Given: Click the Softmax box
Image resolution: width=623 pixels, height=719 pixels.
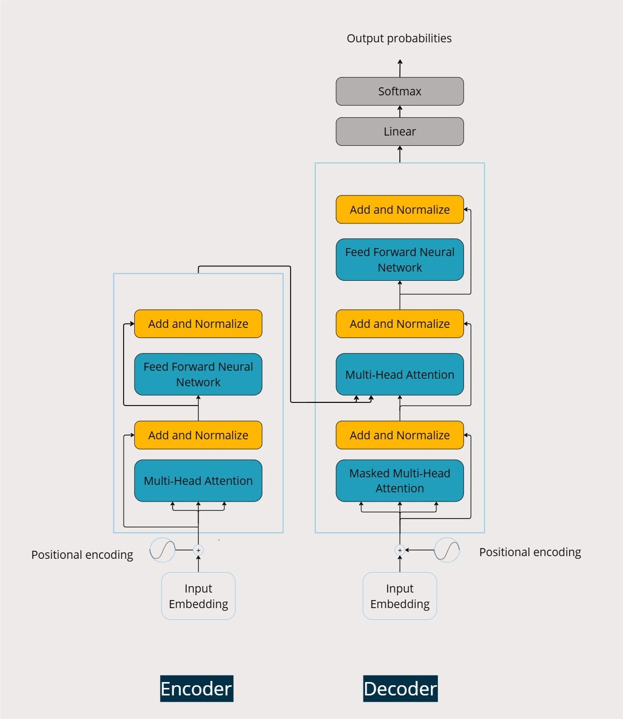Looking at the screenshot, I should pos(400,91).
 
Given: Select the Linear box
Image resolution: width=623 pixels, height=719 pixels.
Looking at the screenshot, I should pos(400,131).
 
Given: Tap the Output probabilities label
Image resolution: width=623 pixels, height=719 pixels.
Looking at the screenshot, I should pos(399,39).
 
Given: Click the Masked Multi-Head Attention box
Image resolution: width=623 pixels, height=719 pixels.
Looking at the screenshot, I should pos(400,481).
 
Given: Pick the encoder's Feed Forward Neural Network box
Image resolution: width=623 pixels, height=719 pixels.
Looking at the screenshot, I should pos(198,374).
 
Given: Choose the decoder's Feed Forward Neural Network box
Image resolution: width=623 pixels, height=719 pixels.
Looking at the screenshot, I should pos(400,259).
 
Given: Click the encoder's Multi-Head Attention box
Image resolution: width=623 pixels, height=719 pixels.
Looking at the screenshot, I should pos(198,481).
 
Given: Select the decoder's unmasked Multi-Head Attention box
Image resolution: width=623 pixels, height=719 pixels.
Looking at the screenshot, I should pos(400,374).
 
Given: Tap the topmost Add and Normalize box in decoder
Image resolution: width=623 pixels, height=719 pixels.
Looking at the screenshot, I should pos(400,209).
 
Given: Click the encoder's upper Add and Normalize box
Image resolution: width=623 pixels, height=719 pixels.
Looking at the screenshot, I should pos(198,324).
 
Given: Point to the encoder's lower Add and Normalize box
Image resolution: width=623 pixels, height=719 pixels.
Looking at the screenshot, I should pos(198,435).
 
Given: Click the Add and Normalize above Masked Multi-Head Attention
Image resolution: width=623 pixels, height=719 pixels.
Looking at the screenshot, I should pos(400,435).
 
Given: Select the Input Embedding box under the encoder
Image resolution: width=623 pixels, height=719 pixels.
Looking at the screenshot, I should pos(198,596).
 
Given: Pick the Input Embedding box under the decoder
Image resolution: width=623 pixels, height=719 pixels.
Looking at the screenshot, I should pos(400,596).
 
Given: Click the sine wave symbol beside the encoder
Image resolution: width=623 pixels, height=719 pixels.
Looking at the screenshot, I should pos(162,550).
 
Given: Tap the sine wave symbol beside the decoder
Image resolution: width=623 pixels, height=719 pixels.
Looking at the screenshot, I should pos(447,550).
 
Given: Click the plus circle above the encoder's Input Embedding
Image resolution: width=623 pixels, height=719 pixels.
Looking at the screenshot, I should pos(198,550).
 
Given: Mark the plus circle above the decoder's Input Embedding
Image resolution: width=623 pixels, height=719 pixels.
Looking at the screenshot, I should pos(400,550).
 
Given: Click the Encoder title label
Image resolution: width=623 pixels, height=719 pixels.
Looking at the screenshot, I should pos(196,688).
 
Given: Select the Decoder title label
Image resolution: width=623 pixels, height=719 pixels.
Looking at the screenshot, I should pos(400,688).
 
